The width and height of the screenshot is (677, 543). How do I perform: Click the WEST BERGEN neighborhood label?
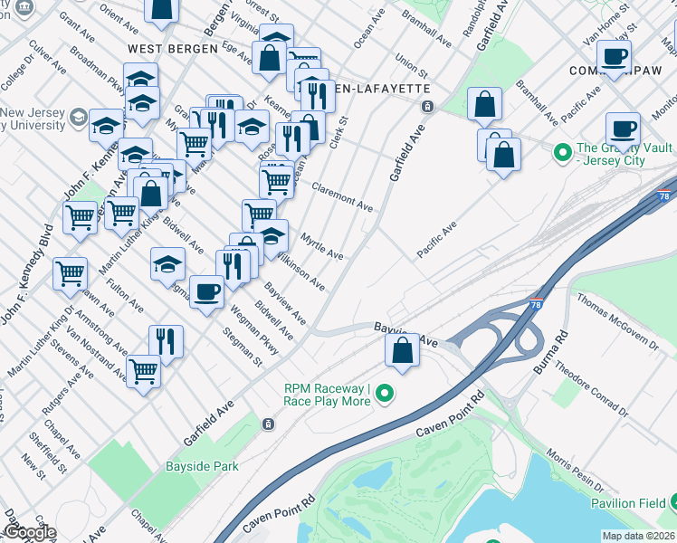pyautogui.click(x=173, y=48)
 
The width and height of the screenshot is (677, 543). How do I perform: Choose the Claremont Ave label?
pyautogui.click(x=341, y=196)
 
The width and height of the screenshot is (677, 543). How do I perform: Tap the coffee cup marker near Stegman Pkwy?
pyautogui.click(x=207, y=291)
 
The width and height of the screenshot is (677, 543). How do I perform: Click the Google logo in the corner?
pyautogui.click(x=29, y=533)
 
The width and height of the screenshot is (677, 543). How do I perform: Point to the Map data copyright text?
pyautogui.click(x=639, y=536)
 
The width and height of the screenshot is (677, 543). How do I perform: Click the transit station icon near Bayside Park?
pyautogui.click(x=268, y=424)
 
